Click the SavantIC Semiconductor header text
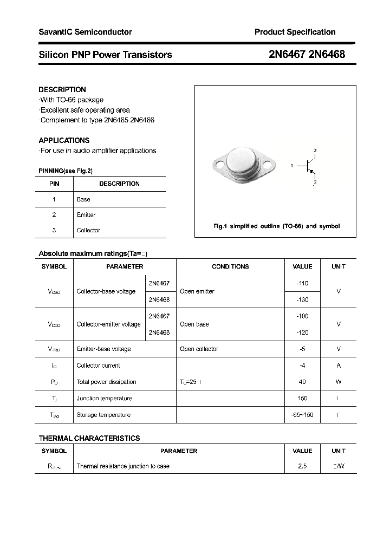[85, 32]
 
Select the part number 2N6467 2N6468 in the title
[307, 54]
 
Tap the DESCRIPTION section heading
[62, 89]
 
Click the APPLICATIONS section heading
[64, 140]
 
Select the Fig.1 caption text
[276, 226]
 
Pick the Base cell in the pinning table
[83, 199]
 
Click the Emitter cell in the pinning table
[86, 215]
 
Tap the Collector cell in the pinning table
[88, 230]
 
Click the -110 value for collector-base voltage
[302, 283]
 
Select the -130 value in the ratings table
[302, 299]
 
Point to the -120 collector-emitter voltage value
[302, 332]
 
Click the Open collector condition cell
[199, 349]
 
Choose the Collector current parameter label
[99, 366]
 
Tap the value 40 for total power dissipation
[302, 382]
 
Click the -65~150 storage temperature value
[302, 415]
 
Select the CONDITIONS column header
[230, 266]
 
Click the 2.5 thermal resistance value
[302, 466]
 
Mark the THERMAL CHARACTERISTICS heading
[89, 438]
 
